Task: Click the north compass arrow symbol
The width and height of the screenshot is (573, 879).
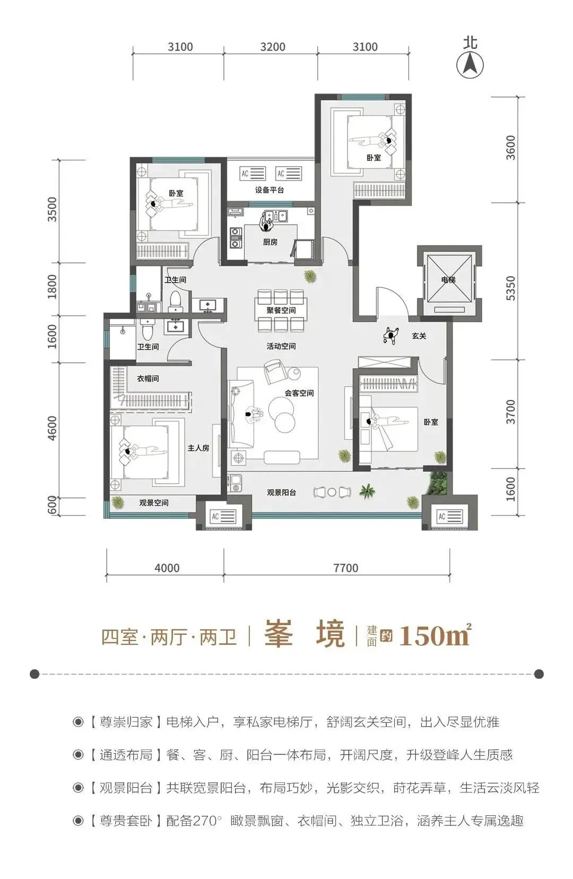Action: point(470,65)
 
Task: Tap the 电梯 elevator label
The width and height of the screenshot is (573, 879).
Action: point(448,279)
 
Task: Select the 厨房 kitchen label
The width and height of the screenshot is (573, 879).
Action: point(270,242)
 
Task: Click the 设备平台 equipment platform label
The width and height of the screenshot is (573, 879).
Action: point(269,190)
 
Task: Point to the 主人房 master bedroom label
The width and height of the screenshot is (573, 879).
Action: point(198,448)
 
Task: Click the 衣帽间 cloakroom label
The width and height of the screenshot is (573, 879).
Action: point(147,379)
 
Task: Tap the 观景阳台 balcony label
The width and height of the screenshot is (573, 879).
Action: point(281,492)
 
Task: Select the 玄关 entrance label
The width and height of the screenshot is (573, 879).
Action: point(419,336)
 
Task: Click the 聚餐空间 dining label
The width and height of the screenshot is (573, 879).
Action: point(281,310)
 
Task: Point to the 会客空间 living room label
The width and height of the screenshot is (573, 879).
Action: point(299,393)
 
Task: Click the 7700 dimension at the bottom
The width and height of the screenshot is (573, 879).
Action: point(346,568)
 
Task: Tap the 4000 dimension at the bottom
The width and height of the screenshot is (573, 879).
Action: point(167,568)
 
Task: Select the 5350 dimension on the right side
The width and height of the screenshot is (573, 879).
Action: point(510,288)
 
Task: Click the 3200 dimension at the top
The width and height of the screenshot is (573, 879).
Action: point(273,47)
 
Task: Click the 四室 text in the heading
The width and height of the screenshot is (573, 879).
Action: point(119,636)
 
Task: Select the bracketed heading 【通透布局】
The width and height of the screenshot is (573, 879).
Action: point(125,755)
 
